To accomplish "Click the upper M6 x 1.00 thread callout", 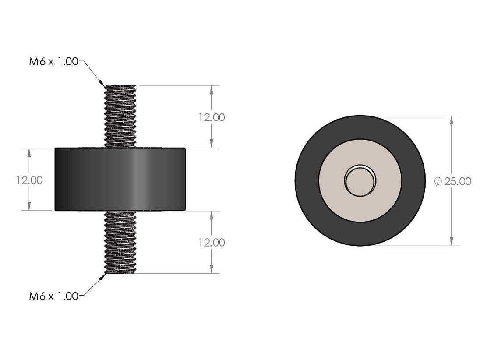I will coord(53,62).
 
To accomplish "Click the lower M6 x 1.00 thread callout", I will coord(53,296).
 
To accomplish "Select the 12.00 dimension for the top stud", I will coord(212,117).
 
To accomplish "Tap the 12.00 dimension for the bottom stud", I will coord(212,242).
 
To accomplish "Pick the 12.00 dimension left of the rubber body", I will coord(29,180).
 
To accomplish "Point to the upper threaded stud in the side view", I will coord(120,116).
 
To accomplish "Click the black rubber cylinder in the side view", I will coord(120,179).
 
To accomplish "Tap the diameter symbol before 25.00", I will coord(438,181).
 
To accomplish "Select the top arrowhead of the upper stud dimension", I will coord(212,89).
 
